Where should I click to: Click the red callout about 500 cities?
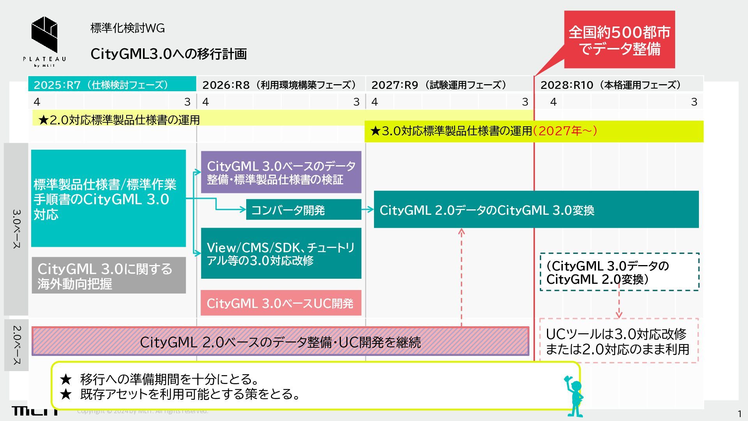(x=619, y=40)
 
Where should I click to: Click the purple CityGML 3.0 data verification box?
(x=281, y=172)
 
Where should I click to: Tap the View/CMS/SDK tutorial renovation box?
(x=281, y=253)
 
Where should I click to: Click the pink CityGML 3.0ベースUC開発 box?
(x=281, y=303)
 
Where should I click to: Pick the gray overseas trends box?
(x=109, y=276)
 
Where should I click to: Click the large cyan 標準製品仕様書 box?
(x=108, y=198)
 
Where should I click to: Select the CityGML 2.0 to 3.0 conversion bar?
(x=536, y=210)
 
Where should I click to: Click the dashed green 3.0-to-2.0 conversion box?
(x=619, y=272)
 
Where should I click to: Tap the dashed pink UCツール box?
(x=619, y=341)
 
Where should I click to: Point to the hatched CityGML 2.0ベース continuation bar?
(x=280, y=341)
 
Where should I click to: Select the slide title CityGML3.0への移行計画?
(x=168, y=54)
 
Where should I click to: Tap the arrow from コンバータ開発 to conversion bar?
(x=367, y=210)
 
